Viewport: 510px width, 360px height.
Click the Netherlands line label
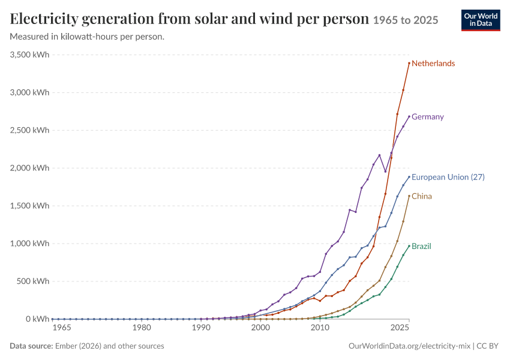(433, 64)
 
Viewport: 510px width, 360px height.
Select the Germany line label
(427, 117)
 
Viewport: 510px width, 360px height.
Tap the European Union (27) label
(448, 177)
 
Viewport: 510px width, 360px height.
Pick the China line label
(422, 196)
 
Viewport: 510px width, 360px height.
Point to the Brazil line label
(421, 246)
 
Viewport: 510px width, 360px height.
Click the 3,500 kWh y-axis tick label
(29, 55)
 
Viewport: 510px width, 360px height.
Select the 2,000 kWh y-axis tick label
(29, 168)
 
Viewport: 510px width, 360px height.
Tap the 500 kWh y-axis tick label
(33, 281)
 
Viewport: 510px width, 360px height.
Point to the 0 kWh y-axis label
(37, 319)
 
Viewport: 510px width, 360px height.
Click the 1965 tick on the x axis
(62, 328)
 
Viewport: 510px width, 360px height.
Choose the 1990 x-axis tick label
(201, 328)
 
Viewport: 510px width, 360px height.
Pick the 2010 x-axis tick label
(320, 328)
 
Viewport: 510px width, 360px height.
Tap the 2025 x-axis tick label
(400, 328)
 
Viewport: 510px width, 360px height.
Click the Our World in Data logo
(481, 20)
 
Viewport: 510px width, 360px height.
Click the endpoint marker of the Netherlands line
(409, 63)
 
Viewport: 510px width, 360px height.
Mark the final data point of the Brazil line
(409, 246)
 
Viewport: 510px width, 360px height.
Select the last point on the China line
(409, 196)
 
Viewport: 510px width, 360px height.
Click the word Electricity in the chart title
(44, 19)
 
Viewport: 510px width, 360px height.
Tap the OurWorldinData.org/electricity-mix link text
(409, 346)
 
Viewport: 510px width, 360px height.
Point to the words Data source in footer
(31, 346)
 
